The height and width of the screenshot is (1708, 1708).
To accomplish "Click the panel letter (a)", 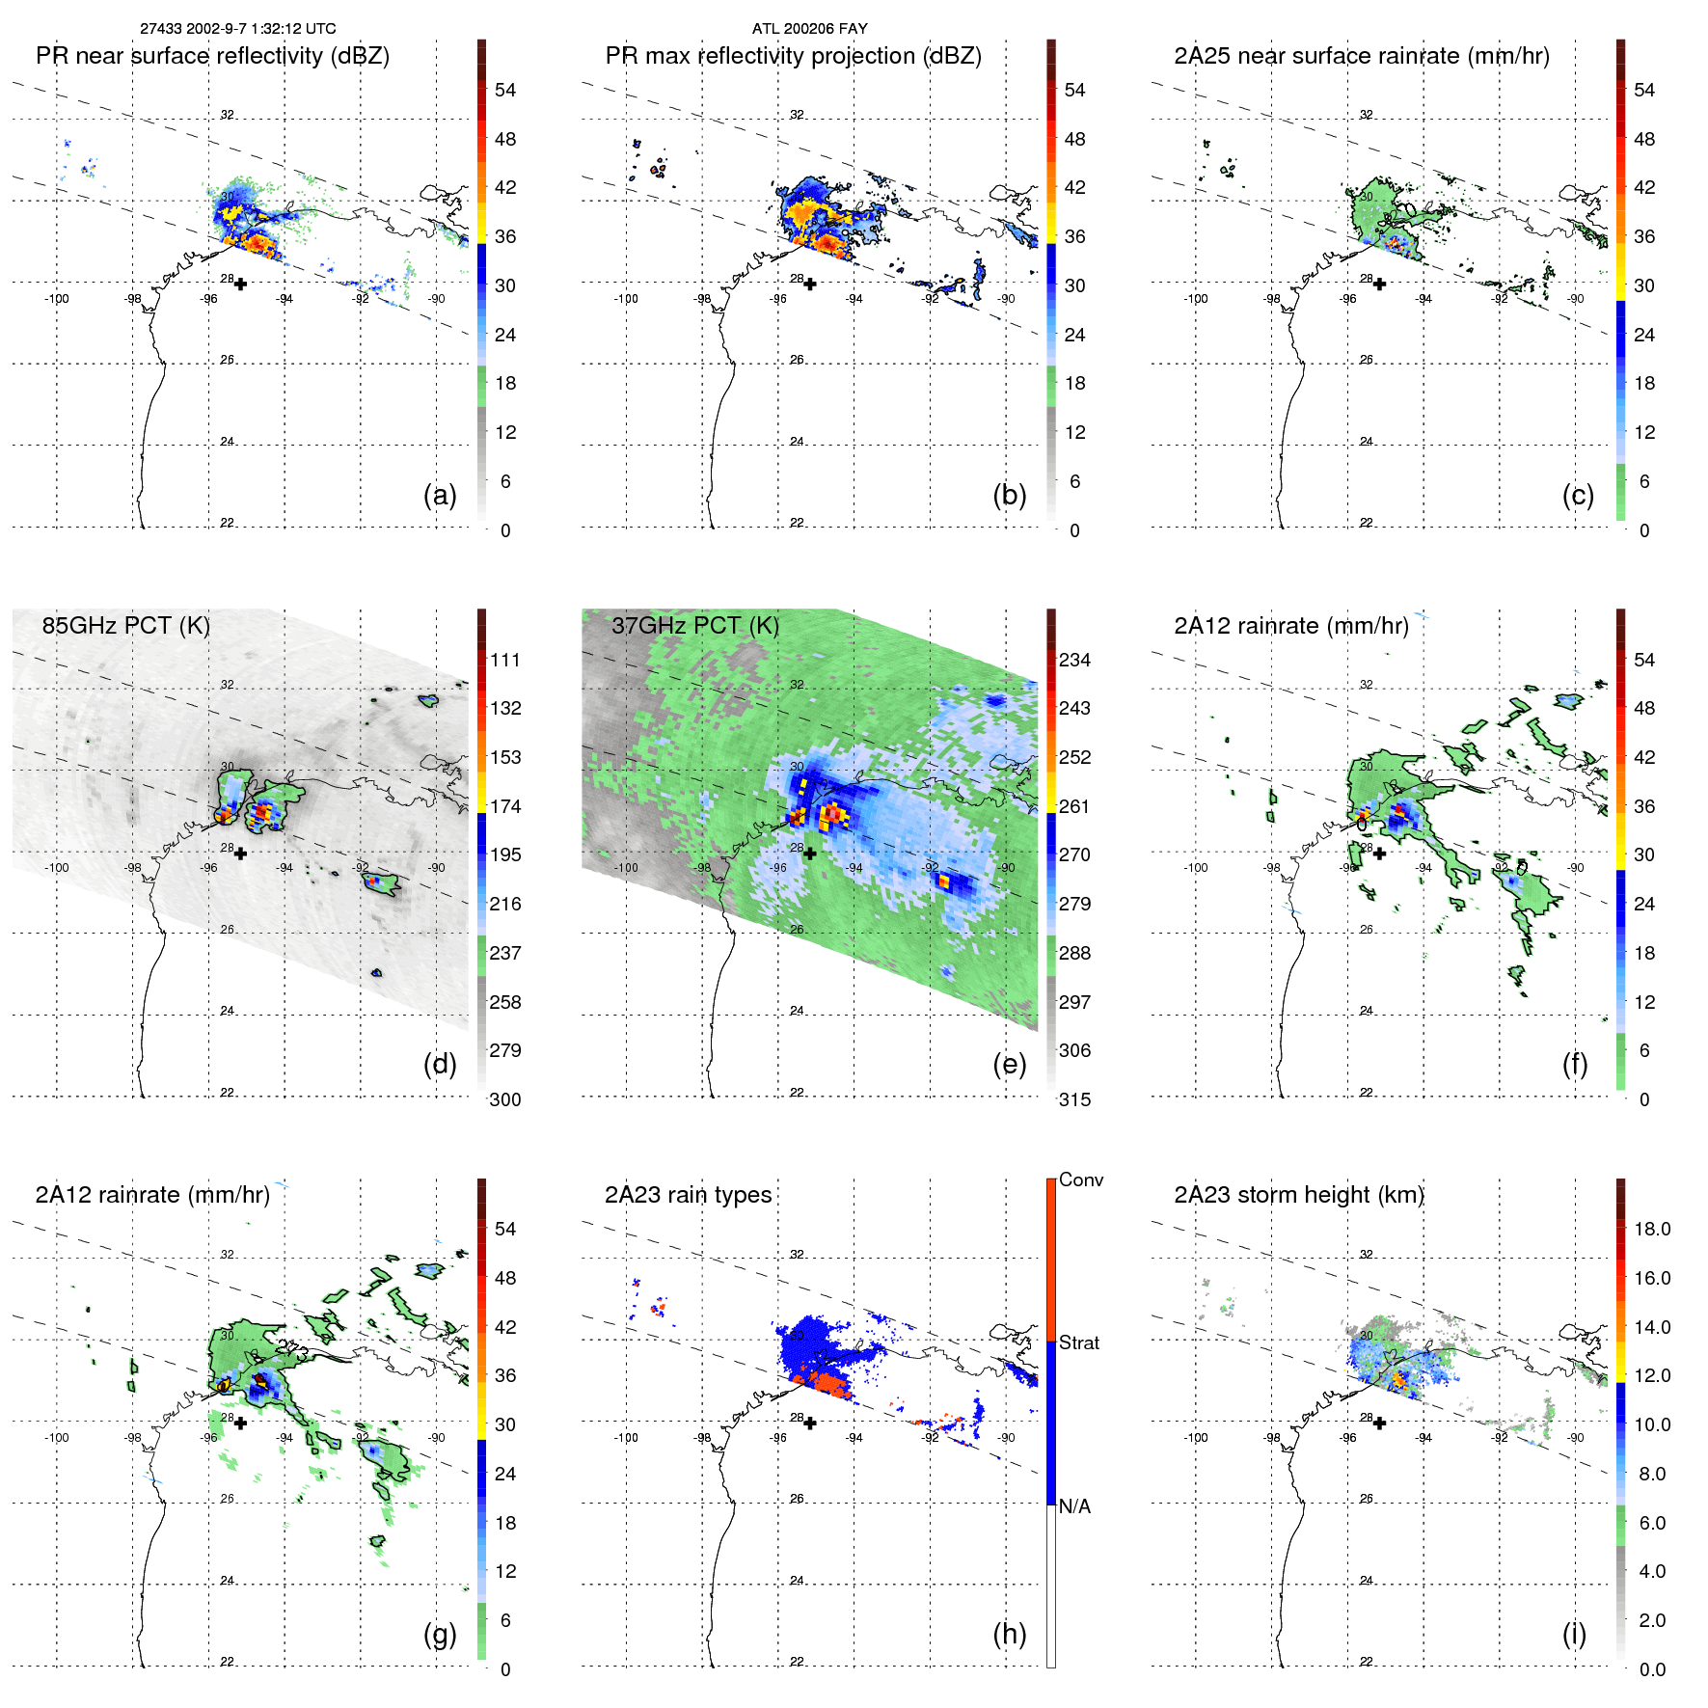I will tap(440, 496).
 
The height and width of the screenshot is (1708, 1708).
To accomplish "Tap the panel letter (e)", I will tap(1009, 1065).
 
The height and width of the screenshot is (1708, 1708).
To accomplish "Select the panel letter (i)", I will tap(1574, 1634).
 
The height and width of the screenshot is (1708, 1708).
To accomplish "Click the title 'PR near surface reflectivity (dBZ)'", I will tap(212, 56).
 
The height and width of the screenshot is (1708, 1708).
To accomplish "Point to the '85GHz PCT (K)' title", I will tap(125, 625).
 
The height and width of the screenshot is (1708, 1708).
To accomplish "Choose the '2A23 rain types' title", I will tap(688, 1195).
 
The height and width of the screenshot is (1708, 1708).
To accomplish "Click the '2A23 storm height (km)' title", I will tap(1299, 1195).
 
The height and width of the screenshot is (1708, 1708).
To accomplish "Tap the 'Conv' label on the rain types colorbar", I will tap(1081, 1179).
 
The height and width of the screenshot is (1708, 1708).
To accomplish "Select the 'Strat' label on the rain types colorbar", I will tap(1079, 1342).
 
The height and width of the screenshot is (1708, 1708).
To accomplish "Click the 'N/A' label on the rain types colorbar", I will tap(1074, 1506).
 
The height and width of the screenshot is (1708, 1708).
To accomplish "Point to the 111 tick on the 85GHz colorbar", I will tap(505, 660).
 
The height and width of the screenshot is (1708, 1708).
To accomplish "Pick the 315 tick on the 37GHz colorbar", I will tap(1074, 1099).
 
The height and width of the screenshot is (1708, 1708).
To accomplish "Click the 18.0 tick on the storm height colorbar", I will tap(1652, 1229).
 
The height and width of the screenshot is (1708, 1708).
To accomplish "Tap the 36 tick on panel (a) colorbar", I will tap(505, 236).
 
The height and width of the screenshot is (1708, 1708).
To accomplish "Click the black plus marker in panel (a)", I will tap(240, 284).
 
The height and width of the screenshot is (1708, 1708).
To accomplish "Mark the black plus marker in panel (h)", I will tap(810, 1423).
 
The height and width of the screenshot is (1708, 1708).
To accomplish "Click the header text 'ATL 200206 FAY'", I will tap(809, 29).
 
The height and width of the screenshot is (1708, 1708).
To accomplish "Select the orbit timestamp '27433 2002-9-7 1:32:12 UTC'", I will tap(238, 29).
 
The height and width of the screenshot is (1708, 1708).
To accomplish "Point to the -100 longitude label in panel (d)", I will tap(57, 868).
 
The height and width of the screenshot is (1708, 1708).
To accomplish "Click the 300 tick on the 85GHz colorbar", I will tap(505, 1099).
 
